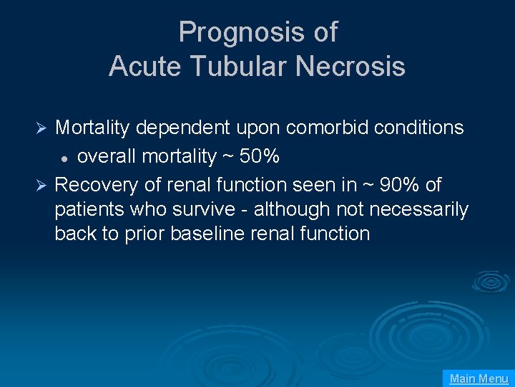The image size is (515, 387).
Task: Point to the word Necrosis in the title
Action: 350,67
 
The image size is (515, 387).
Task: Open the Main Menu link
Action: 479,378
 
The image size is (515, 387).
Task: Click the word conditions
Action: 418,128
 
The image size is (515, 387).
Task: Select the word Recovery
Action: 96,185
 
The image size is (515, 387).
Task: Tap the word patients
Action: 85,210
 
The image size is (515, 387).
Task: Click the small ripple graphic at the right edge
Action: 491,281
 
